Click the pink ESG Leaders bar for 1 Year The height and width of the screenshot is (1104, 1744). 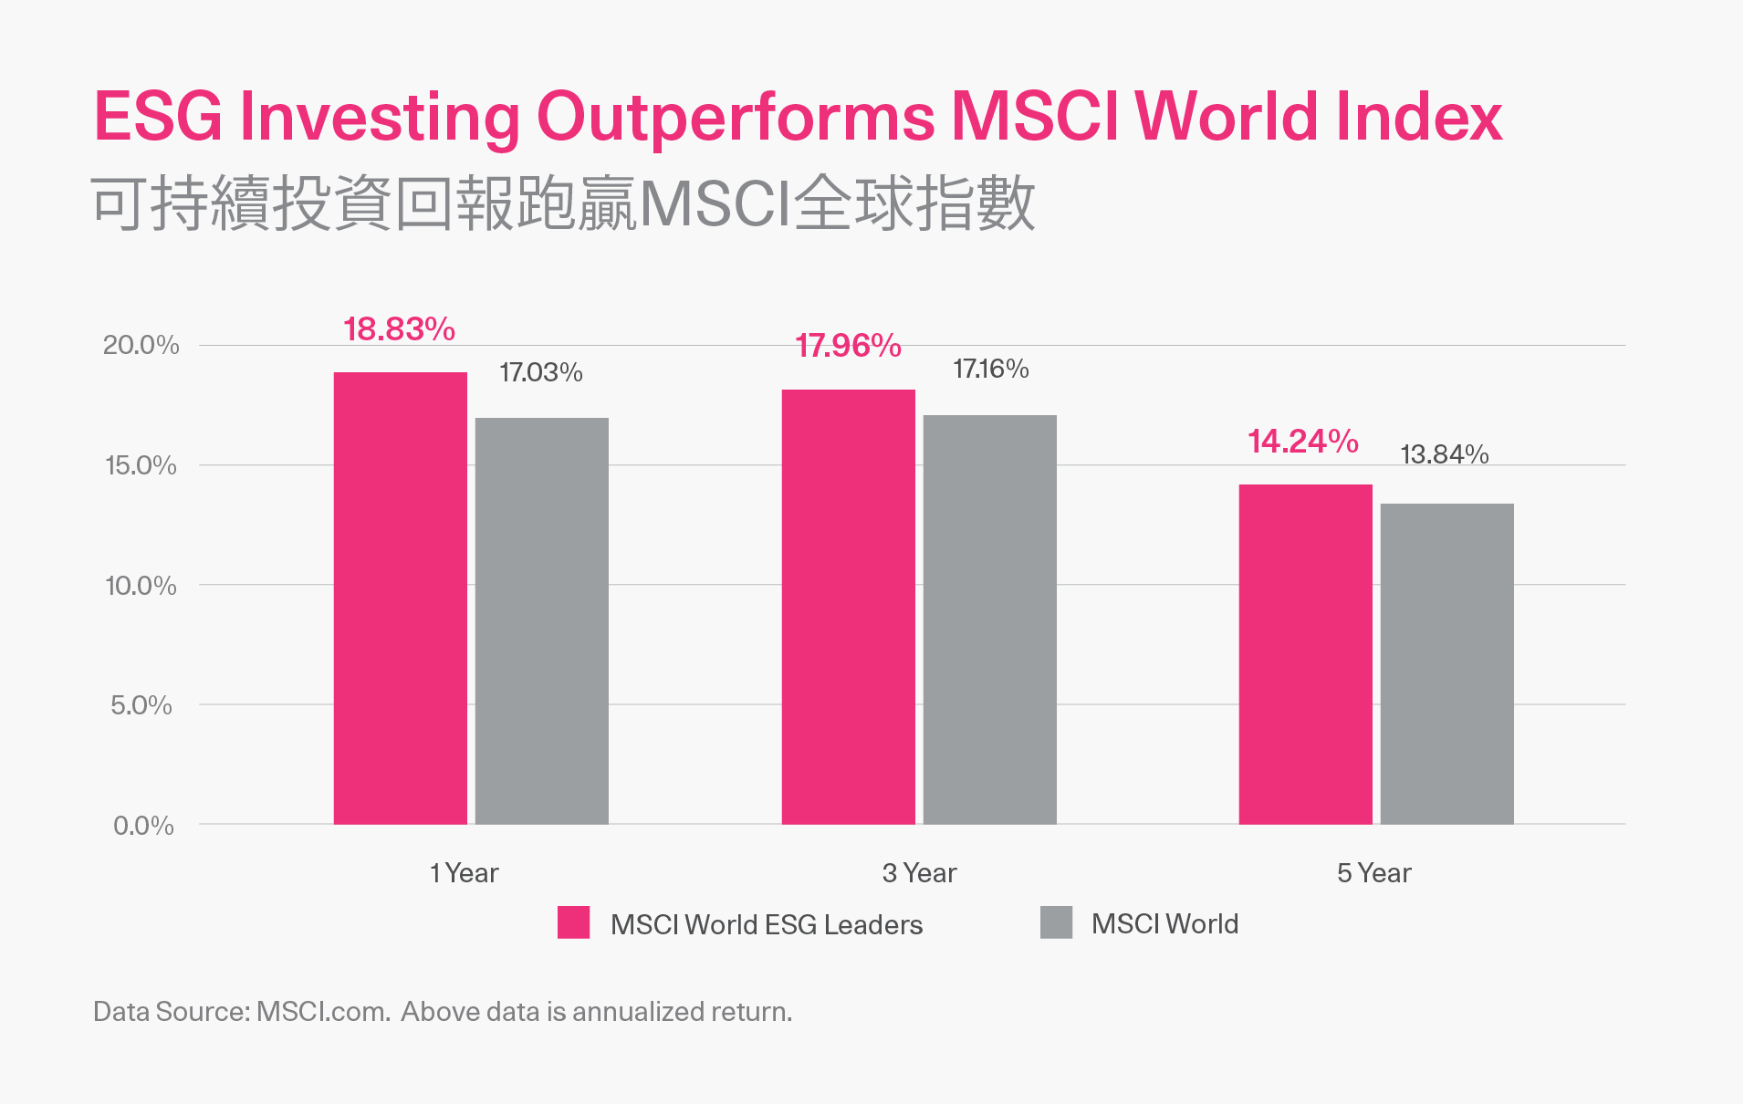click(x=400, y=598)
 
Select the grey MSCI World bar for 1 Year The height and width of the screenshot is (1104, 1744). click(x=541, y=620)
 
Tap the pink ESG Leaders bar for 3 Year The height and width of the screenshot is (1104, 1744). click(x=848, y=607)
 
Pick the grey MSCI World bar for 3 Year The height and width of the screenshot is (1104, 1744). click(x=989, y=620)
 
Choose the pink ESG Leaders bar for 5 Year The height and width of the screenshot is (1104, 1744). click(x=1305, y=654)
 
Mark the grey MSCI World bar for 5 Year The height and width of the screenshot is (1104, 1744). click(x=1446, y=663)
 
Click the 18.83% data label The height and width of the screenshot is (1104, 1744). click(x=399, y=329)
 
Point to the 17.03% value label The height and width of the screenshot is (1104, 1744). click(x=540, y=372)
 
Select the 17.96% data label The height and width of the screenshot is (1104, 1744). click(x=848, y=346)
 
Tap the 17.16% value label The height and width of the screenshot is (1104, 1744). click(x=990, y=369)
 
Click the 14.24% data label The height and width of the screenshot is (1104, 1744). click(x=1302, y=442)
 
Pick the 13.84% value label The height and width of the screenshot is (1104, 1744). click(x=1444, y=454)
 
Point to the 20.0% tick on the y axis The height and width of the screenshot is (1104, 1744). click(x=141, y=345)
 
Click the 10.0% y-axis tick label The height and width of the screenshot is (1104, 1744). click(x=141, y=586)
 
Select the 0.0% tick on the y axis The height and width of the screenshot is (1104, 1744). click(x=143, y=826)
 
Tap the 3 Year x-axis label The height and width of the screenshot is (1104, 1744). click(x=919, y=873)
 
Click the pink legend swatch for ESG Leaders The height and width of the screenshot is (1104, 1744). click(x=573, y=922)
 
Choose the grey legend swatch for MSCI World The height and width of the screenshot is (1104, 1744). click(x=1056, y=922)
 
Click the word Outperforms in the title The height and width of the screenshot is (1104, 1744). click(x=735, y=117)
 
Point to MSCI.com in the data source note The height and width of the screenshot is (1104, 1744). click(x=323, y=1012)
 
